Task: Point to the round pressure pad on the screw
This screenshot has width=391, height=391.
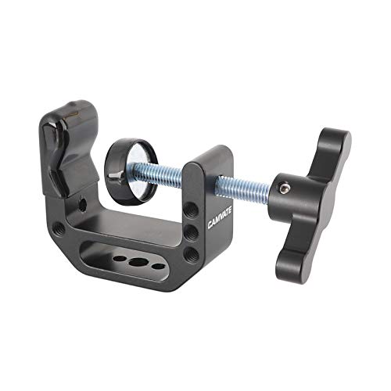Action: [128, 171]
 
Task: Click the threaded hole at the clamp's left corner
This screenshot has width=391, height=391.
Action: [59, 228]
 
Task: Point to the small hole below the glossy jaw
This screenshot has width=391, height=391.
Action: [82, 206]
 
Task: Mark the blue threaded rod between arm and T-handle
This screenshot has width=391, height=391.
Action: [242, 187]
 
